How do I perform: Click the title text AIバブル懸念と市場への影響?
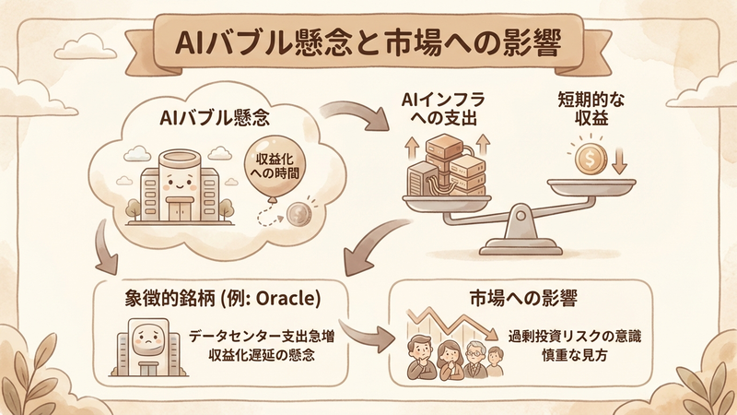pos(368,41)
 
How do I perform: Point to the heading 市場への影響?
pos(521,297)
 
